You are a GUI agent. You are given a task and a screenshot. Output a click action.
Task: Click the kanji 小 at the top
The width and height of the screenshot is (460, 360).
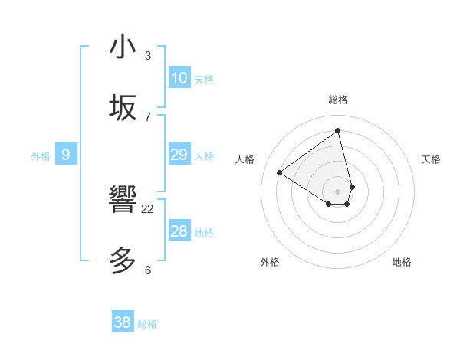click(123, 47)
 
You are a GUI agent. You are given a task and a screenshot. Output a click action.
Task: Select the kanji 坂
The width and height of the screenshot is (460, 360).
click(123, 107)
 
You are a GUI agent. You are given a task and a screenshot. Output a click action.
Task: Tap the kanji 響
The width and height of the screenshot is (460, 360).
click(123, 201)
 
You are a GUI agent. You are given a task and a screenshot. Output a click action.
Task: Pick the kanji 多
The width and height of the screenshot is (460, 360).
click(123, 261)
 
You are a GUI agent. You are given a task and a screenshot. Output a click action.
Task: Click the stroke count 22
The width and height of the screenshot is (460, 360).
click(148, 208)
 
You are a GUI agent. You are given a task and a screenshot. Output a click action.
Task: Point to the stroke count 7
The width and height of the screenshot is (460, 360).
click(148, 116)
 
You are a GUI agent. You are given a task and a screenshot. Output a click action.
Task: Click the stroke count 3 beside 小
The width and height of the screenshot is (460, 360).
click(148, 56)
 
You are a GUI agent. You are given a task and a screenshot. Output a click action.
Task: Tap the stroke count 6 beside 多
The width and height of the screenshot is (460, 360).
click(148, 270)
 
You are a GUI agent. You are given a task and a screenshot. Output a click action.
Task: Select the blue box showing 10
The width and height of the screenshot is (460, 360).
click(179, 78)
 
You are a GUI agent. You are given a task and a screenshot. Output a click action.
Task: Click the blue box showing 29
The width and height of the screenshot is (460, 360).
click(179, 155)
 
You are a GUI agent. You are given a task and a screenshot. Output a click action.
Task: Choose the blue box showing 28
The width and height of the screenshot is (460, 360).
click(179, 231)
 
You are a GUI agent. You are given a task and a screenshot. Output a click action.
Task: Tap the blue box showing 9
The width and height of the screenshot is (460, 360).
click(66, 155)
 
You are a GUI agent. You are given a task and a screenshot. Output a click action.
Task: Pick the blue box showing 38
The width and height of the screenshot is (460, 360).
click(123, 322)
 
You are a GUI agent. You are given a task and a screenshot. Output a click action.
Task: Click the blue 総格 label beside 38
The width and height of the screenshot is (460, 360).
click(147, 324)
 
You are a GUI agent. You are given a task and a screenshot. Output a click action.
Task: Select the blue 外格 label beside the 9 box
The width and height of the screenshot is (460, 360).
click(41, 156)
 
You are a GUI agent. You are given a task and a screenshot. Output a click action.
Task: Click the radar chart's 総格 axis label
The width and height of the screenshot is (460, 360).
click(338, 100)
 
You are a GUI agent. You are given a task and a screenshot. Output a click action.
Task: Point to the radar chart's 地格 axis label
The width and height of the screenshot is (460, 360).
click(402, 262)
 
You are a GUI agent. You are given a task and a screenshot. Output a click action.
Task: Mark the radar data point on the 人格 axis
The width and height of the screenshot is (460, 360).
click(279, 173)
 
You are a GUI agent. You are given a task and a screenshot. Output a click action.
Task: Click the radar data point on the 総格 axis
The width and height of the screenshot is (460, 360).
click(338, 130)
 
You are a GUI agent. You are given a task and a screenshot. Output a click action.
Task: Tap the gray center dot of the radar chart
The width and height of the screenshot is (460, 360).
click(338, 191)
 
